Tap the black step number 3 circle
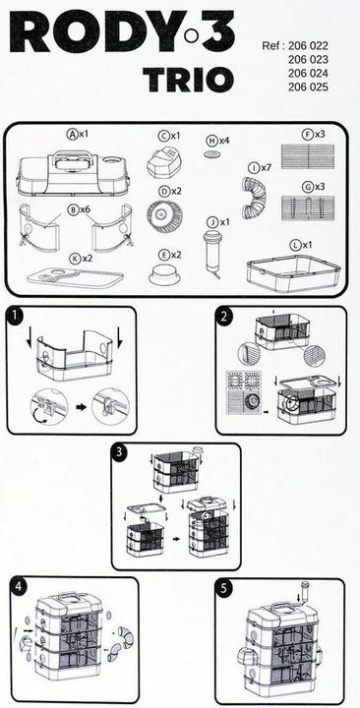tap(120, 453)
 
